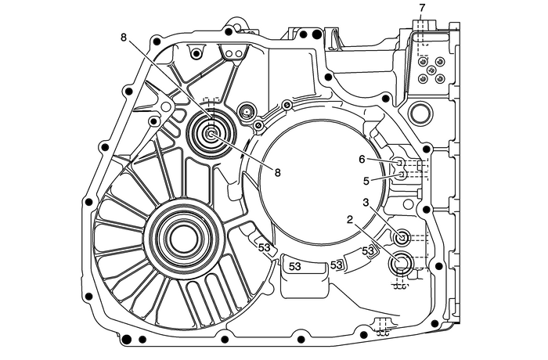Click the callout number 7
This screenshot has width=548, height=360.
(422, 9)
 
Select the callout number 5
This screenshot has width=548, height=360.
(365, 180)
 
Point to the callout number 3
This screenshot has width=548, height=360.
(365, 203)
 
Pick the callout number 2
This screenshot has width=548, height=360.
(341, 221)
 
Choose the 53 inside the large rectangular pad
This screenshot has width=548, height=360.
(295, 267)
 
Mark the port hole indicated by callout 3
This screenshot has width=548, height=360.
(403, 236)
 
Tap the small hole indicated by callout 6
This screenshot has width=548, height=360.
(398, 162)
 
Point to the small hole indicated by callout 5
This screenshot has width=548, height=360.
(402, 174)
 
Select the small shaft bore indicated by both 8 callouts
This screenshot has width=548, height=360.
(211, 134)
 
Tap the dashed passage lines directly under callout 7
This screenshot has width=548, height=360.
(420, 31)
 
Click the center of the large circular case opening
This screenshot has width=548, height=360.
(319, 182)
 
